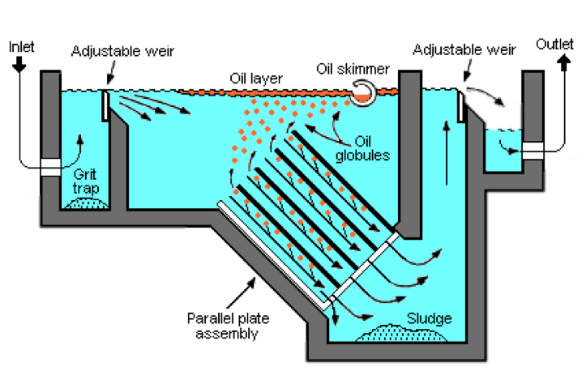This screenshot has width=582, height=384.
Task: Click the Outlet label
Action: [556, 45]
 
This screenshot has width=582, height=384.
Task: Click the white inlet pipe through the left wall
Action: [50, 165]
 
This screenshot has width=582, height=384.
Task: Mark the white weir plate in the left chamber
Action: [105, 105]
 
